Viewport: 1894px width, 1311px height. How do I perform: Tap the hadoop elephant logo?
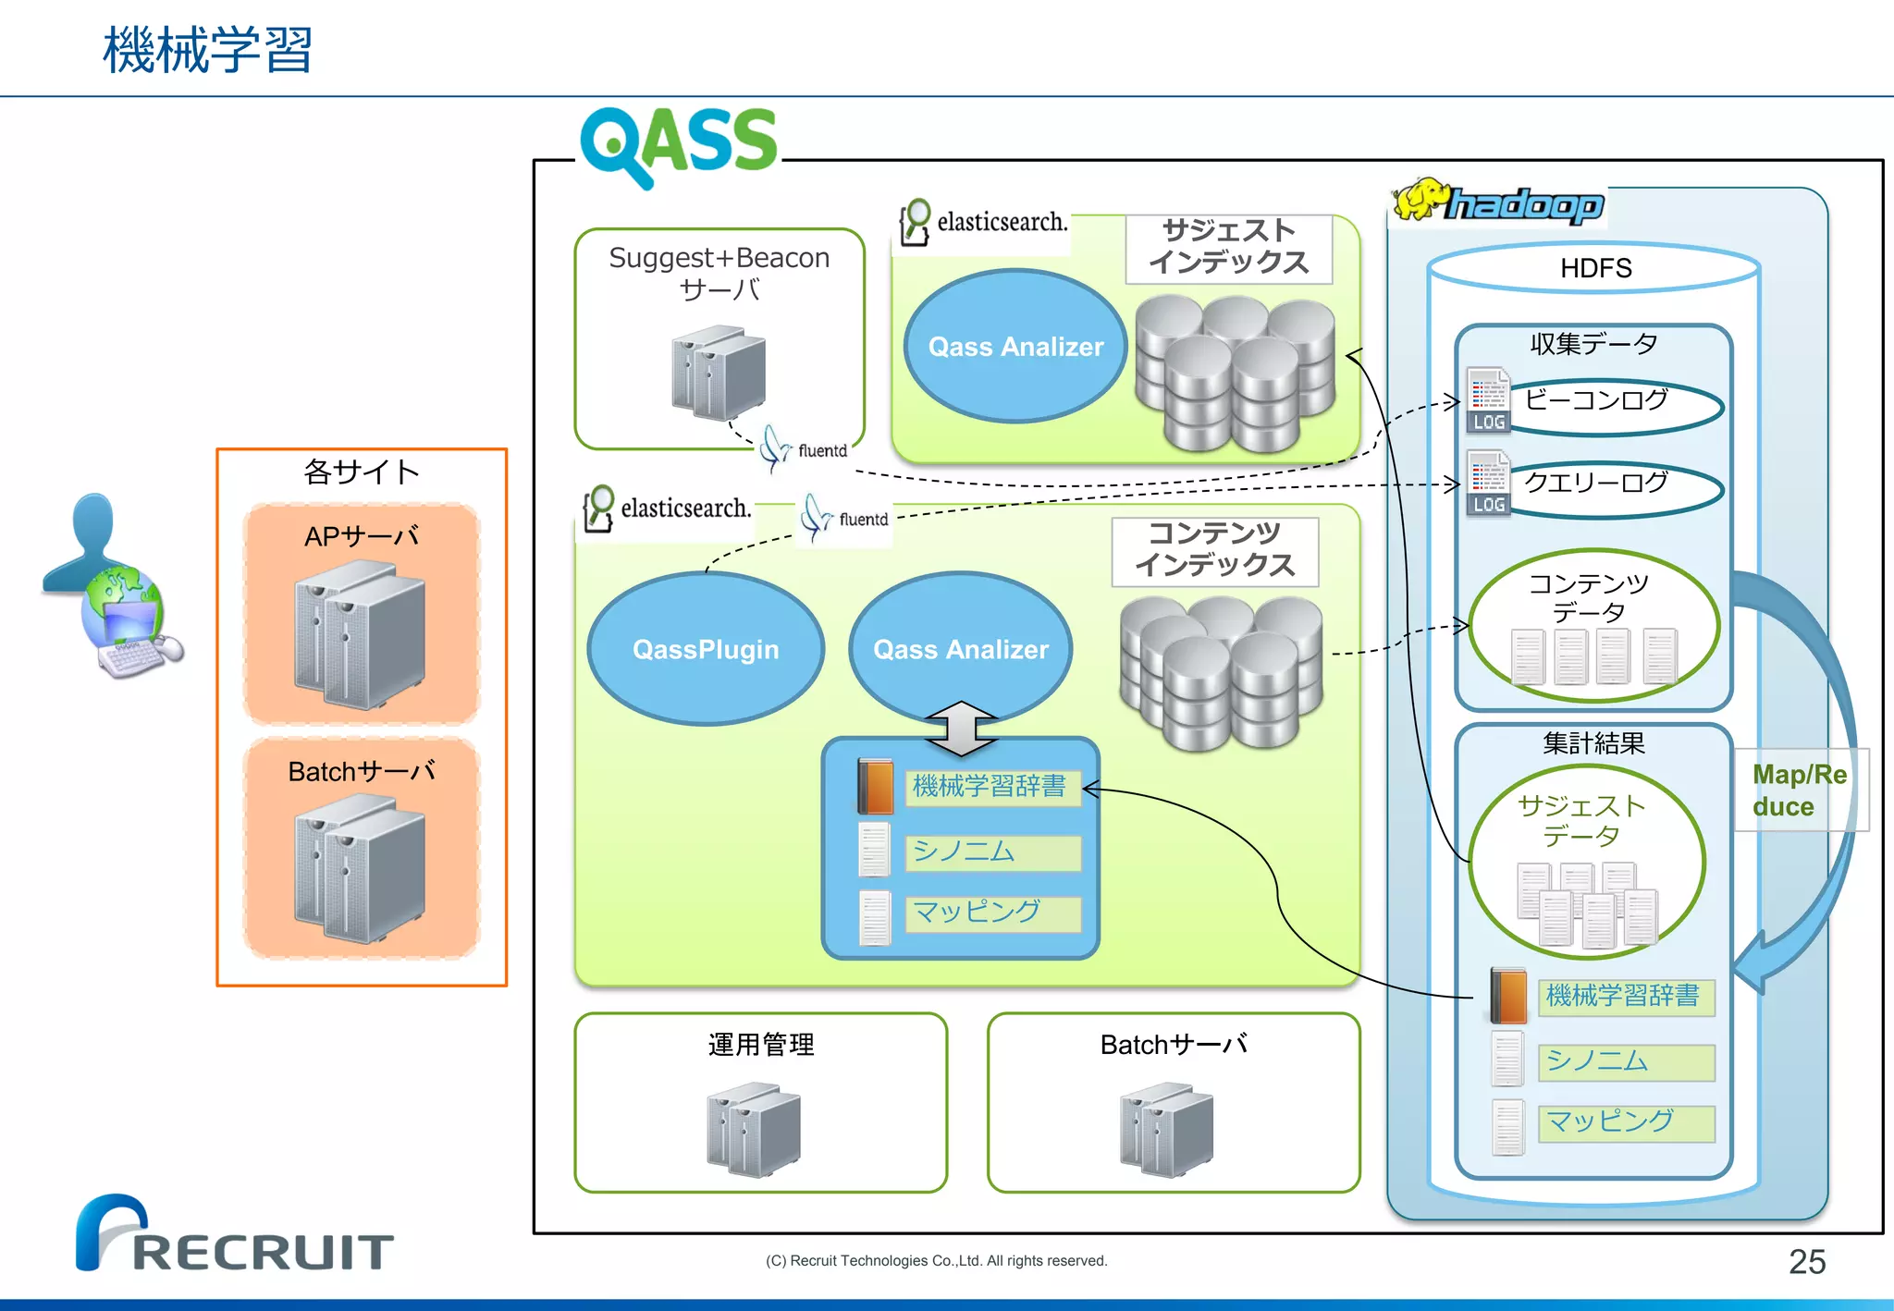tap(1498, 202)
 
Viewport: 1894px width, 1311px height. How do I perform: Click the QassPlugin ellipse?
tap(706, 649)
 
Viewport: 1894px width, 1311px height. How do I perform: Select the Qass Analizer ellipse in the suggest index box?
tap(1015, 347)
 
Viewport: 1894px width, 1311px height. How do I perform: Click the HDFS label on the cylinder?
tap(1595, 268)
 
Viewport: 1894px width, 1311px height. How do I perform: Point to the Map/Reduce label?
tap(1799, 790)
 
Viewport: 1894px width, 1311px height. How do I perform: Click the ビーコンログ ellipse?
tap(1614, 405)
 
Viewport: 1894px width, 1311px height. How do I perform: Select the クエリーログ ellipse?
tap(1614, 487)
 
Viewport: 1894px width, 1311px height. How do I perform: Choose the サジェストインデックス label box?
tap(1228, 248)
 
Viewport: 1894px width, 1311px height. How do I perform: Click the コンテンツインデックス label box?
tap(1214, 550)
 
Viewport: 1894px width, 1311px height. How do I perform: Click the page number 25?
tap(1806, 1261)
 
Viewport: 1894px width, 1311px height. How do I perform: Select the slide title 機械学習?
tap(208, 50)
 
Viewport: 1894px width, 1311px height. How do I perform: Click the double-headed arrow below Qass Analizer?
tap(961, 729)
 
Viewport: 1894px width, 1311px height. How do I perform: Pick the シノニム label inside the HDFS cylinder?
tap(1625, 1061)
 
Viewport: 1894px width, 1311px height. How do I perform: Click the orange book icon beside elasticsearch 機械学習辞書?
tap(875, 787)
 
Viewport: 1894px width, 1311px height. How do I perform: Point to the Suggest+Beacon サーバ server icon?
tap(719, 372)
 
